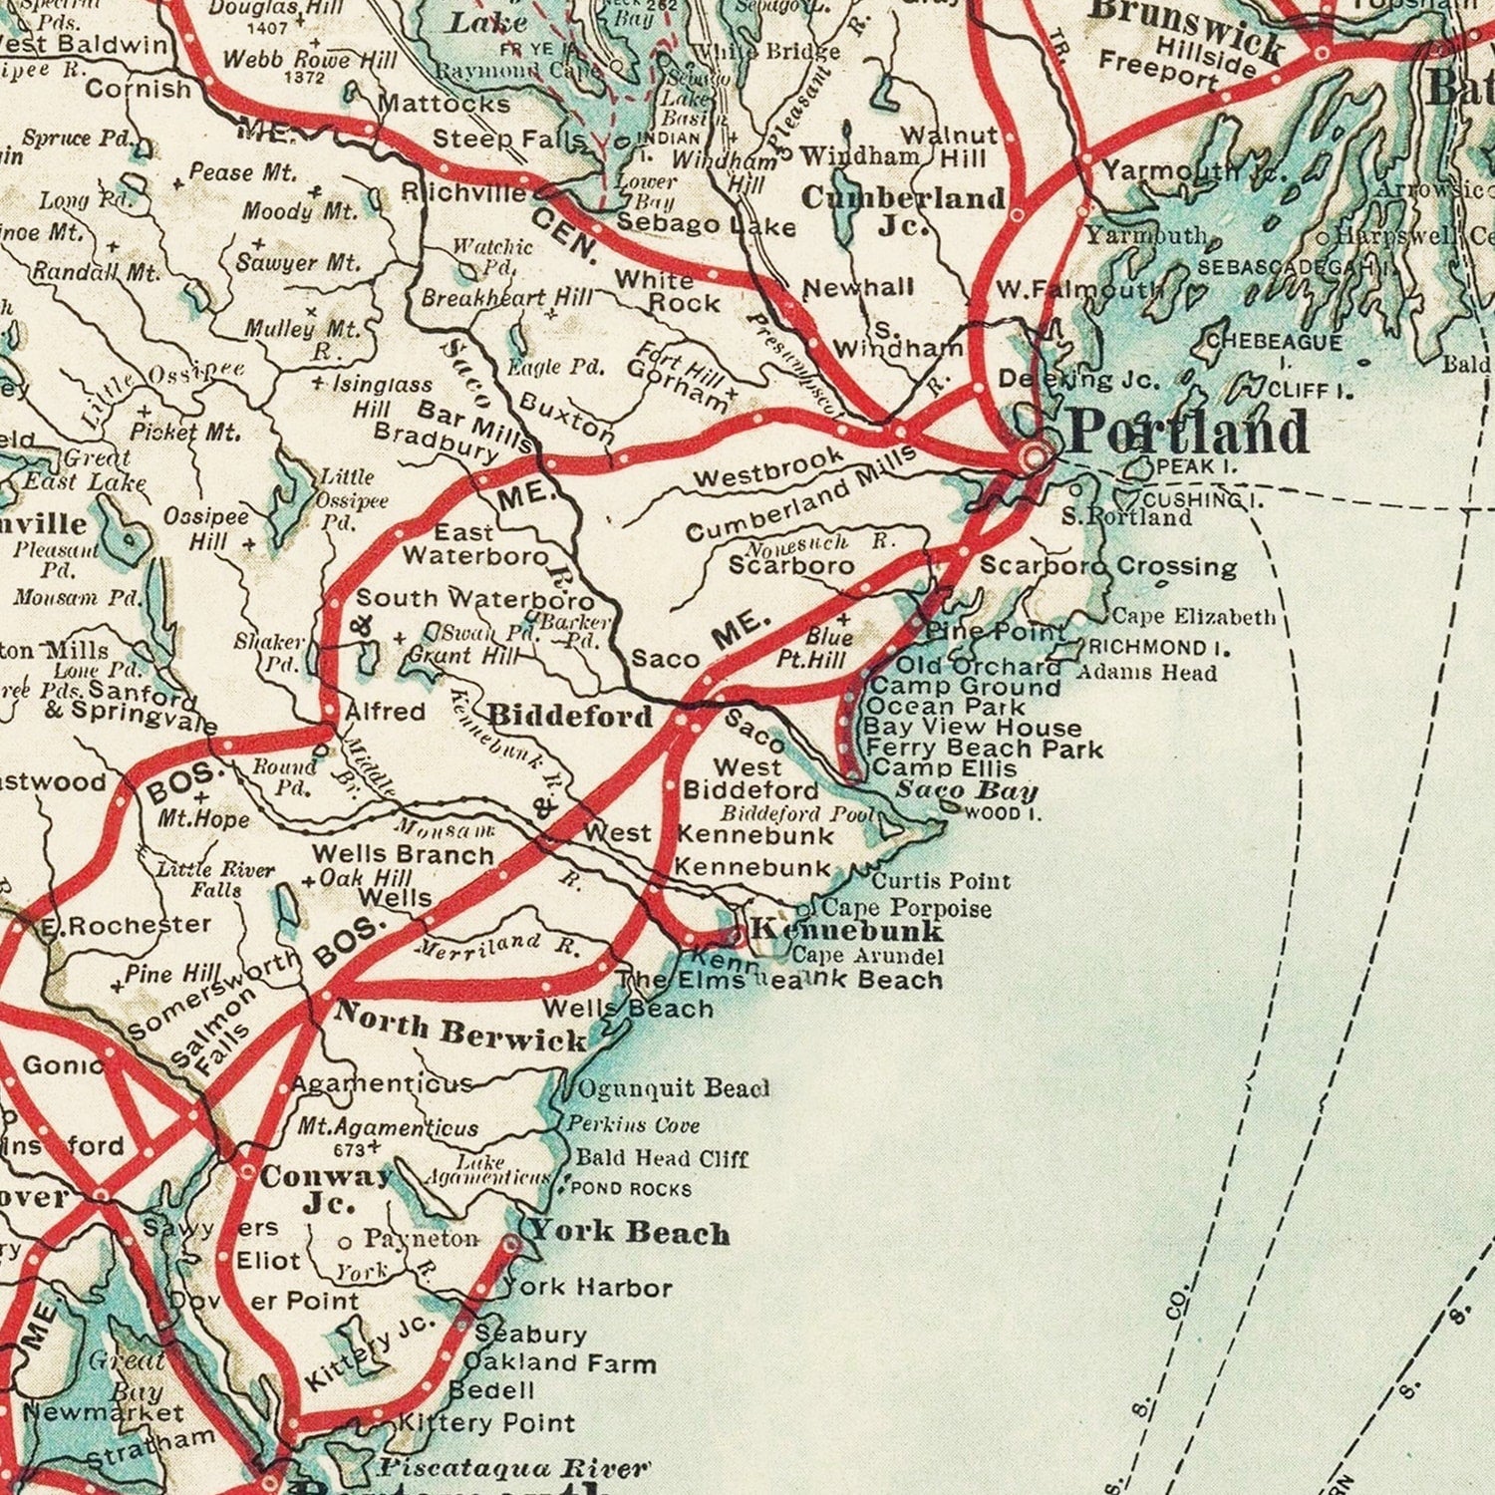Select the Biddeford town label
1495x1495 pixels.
pos(570,717)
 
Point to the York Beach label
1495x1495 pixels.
pos(630,1232)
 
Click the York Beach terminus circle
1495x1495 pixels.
pos(510,1244)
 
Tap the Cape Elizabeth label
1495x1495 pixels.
pos(1193,617)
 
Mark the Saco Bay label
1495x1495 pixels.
pos(966,791)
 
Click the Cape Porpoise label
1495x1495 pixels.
pos(906,908)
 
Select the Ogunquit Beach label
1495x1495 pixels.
pos(674,1087)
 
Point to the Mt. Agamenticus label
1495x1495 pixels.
pos(389,1128)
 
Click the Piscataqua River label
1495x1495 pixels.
pos(513,1468)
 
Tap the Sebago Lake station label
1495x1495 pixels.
pos(706,225)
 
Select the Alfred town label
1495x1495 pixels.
pos(385,712)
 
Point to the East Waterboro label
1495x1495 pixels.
pos(475,544)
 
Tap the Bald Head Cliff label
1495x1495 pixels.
pos(662,1158)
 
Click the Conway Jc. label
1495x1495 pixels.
pos(326,1189)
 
